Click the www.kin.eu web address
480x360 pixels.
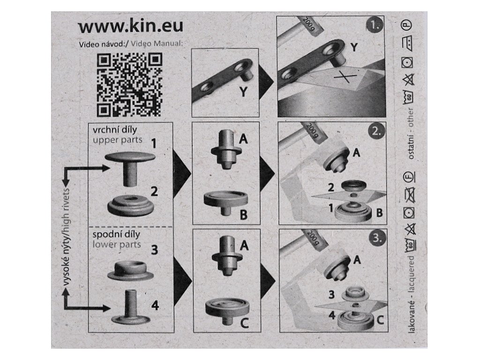tap(131, 26)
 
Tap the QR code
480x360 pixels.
tap(129, 85)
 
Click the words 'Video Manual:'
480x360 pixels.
tap(157, 44)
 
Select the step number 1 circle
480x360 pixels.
tap(375, 25)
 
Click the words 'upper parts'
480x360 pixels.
tap(118, 140)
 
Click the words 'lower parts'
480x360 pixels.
tap(117, 245)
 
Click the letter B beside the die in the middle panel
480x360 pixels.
tap(244, 215)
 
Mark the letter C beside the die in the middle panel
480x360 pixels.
tap(244, 322)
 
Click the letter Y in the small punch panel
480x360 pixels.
tap(243, 91)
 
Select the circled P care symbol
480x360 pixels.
tap(407, 25)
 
